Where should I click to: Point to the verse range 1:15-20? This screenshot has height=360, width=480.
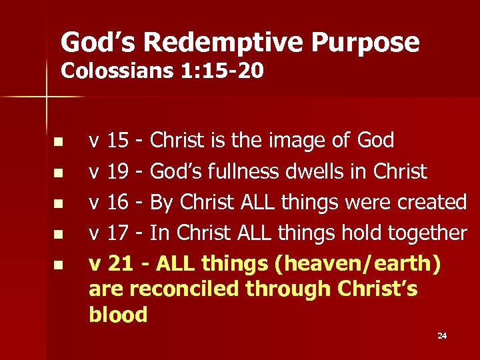tap(221, 70)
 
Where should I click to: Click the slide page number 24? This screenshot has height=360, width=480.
tap(442, 335)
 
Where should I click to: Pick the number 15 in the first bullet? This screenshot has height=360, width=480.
tap(118, 141)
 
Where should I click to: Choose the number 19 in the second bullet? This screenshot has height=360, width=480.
tap(118, 171)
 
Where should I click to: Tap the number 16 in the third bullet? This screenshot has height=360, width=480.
tap(118, 202)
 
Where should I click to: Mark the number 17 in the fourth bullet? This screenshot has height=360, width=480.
tap(118, 233)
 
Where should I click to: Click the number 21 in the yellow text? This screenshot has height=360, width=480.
tap(119, 263)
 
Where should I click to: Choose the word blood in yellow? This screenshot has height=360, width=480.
tap(118, 314)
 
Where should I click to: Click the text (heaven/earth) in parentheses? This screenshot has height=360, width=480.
tap(357, 263)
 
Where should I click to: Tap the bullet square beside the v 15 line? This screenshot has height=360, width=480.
tap(58, 142)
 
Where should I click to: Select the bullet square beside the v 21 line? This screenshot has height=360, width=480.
tap(58, 265)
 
